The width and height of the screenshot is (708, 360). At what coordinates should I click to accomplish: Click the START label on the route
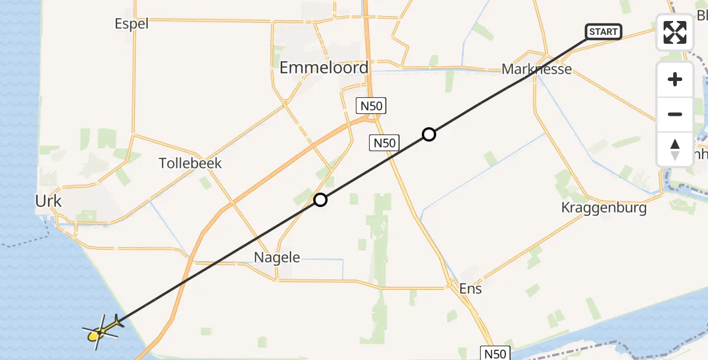click(603, 31)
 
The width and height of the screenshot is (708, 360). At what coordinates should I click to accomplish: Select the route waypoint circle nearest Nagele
click(321, 200)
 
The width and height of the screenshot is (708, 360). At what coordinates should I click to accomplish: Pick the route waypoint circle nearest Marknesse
click(428, 134)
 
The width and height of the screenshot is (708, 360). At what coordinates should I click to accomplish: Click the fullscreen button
click(675, 32)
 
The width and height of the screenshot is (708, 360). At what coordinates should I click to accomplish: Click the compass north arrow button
click(675, 149)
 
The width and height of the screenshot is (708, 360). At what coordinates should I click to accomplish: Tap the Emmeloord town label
click(324, 67)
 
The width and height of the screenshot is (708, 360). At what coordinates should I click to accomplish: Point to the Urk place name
click(49, 201)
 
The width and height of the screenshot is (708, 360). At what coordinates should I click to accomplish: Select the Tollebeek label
click(190, 163)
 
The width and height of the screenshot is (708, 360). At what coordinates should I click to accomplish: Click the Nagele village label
click(277, 257)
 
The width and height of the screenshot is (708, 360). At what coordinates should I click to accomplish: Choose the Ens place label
click(470, 289)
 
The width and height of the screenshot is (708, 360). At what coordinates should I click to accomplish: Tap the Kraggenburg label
click(604, 208)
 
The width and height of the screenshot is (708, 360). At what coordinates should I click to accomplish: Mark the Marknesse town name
click(536, 69)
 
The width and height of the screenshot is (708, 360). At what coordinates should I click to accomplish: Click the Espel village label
click(131, 23)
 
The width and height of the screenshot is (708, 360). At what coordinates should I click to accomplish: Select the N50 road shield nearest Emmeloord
click(371, 106)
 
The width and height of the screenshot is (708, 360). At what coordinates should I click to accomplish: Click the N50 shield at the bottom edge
click(495, 353)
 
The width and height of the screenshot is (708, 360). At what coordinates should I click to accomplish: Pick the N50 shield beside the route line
click(384, 143)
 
